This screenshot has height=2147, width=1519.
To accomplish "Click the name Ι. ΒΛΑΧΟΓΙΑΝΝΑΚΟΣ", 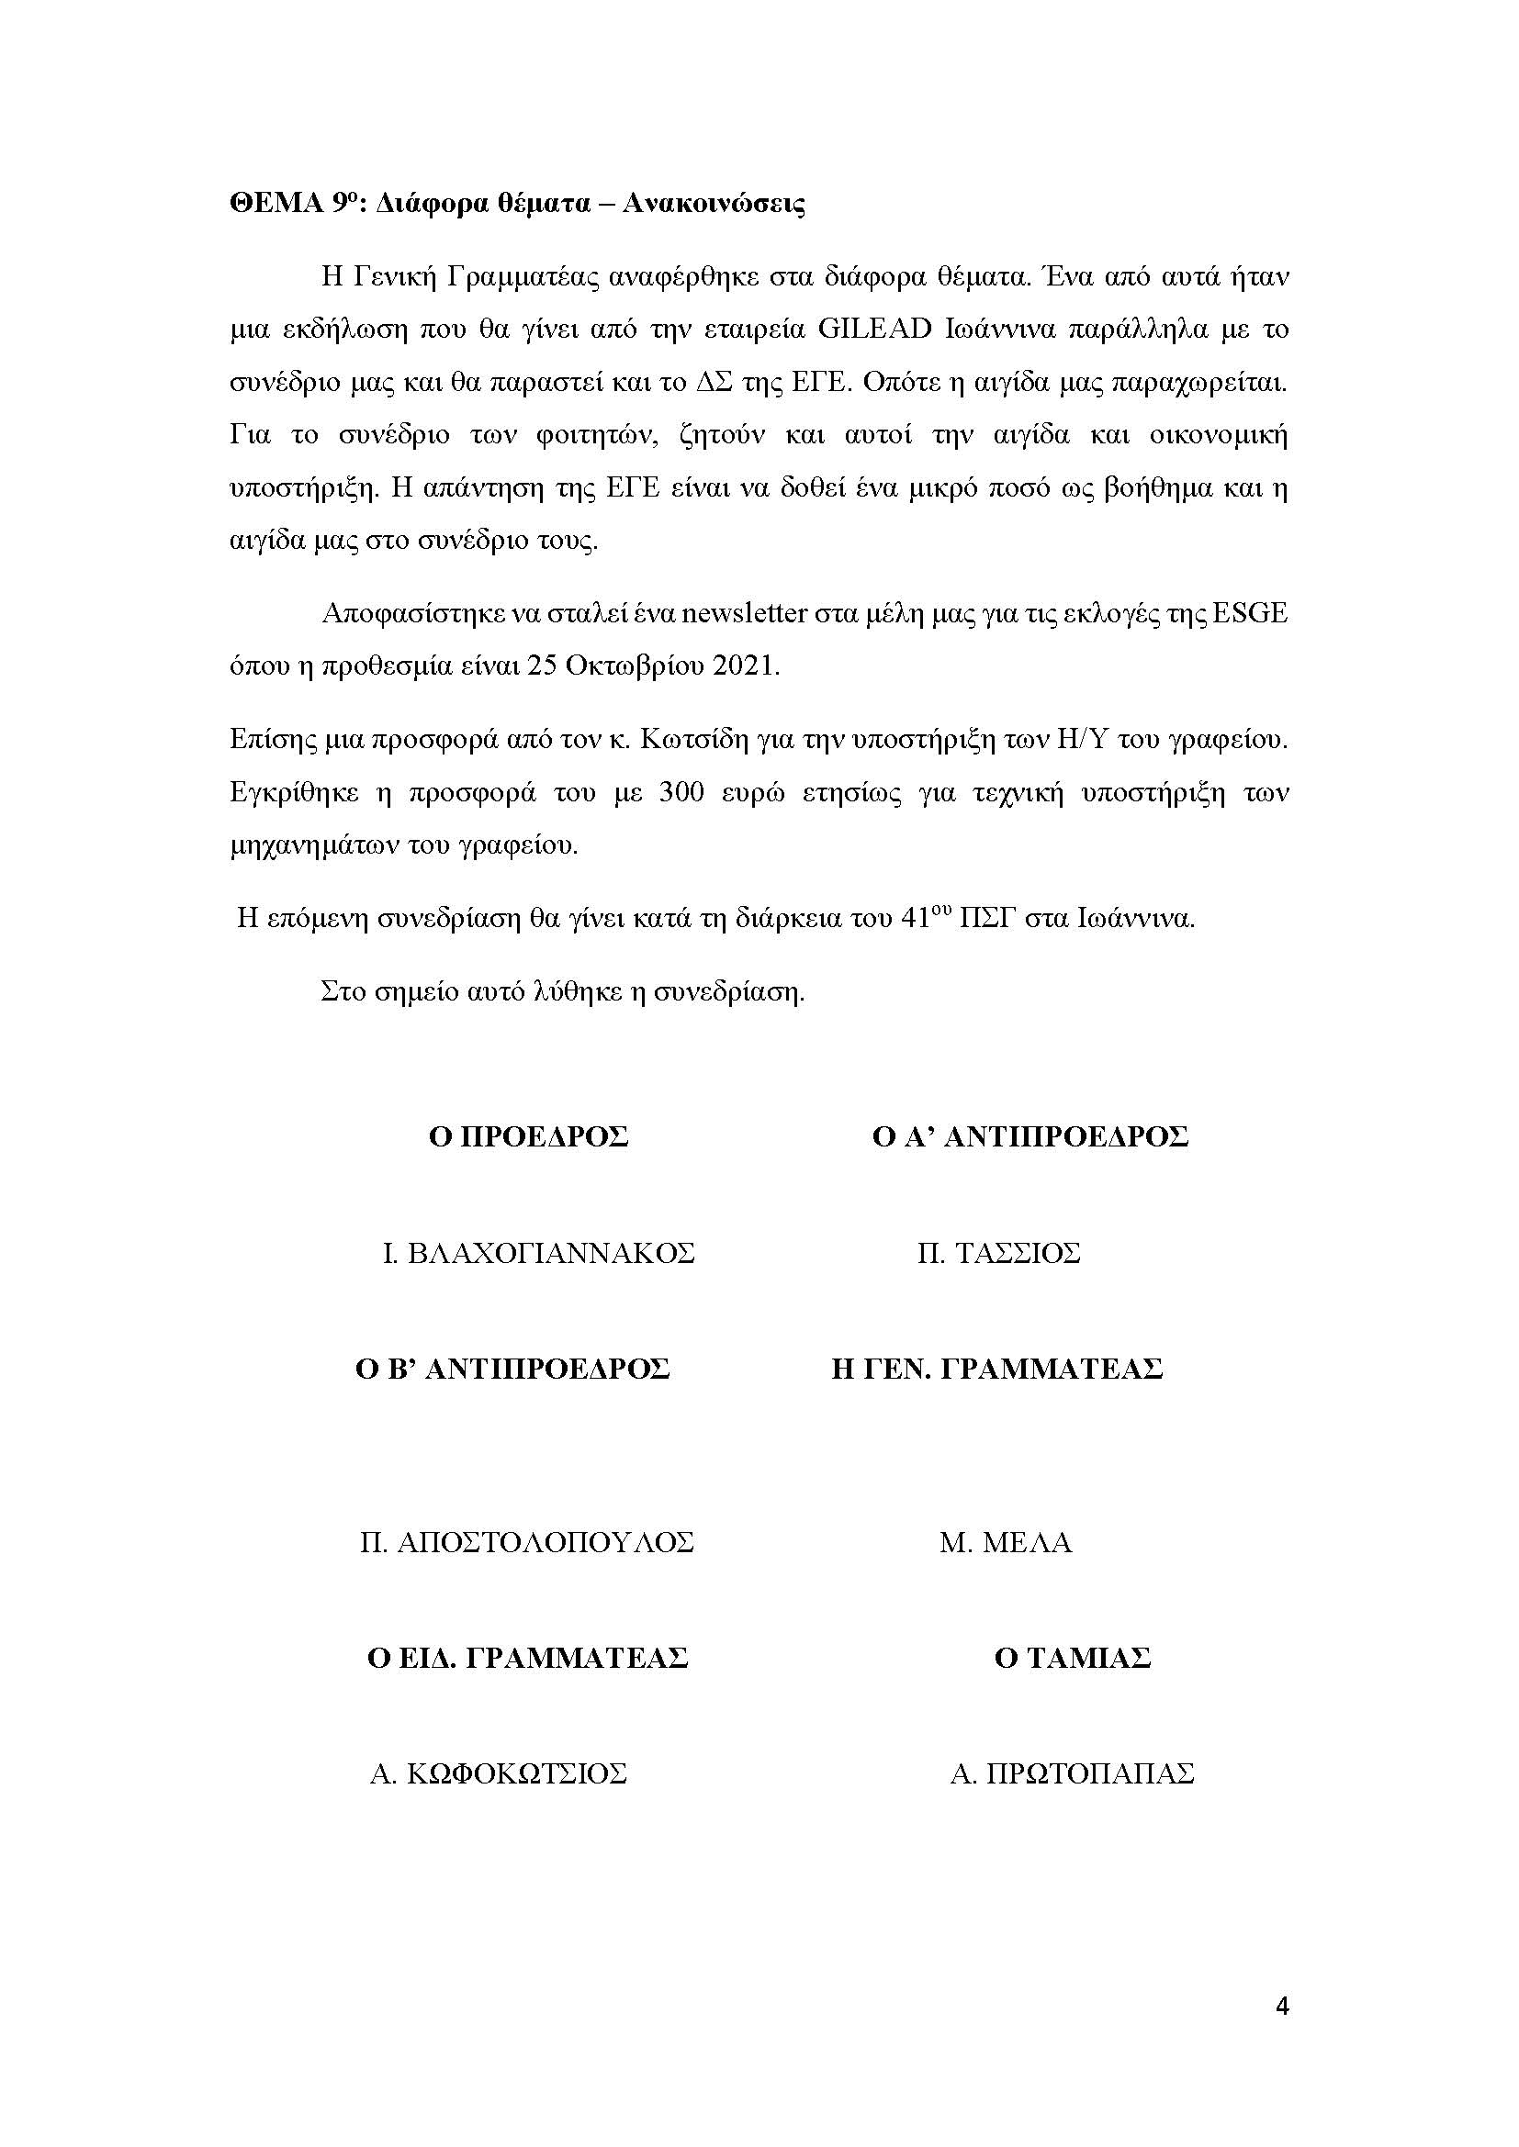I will pyautogui.click(x=539, y=1253).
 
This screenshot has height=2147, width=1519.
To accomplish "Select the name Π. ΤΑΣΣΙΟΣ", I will pyautogui.click(x=999, y=1253).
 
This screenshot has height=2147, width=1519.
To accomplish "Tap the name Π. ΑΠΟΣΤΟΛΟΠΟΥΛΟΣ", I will pyautogui.click(x=526, y=1542).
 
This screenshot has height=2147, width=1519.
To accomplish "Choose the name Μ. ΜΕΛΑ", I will pyautogui.click(x=1006, y=1542).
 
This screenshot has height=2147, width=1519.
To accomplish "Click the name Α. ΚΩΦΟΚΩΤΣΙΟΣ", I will pyautogui.click(x=498, y=1774).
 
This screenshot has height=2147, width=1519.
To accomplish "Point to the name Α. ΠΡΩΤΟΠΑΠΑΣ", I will pyautogui.click(x=1072, y=1774).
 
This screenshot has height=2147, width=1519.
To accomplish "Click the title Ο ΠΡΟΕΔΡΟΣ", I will pyautogui.click(x=528, y=1137).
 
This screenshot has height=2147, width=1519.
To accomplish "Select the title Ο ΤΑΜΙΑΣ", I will pyautogui.click(x=1072, y=1658).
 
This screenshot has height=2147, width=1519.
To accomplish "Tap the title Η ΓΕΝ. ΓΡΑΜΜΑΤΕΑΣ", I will pyautogui.click(x=997, y=1369).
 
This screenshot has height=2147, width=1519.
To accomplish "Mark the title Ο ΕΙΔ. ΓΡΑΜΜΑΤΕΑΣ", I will pyautogui.click(x=527, y=1658).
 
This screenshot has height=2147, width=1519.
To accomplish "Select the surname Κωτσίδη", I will pyautogui.click(x=695, y=740).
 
